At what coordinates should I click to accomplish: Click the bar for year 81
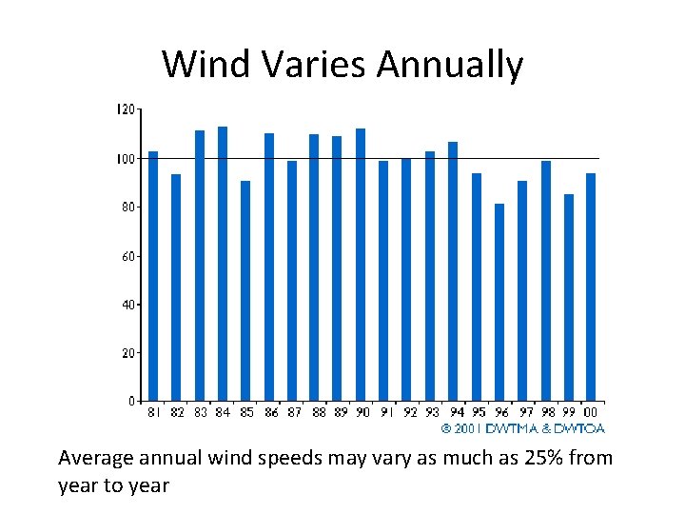pos(153,276)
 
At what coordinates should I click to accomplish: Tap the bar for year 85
pos(245,290)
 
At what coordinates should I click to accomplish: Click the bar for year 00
pos(591,287)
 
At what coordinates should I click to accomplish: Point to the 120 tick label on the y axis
pos(125,109)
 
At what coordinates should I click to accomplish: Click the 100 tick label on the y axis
pos(125,158)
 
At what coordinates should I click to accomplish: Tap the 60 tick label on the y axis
pos(127,255)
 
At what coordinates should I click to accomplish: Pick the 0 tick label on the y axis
pos(131,401)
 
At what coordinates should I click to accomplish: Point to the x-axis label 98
pos(547,413)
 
